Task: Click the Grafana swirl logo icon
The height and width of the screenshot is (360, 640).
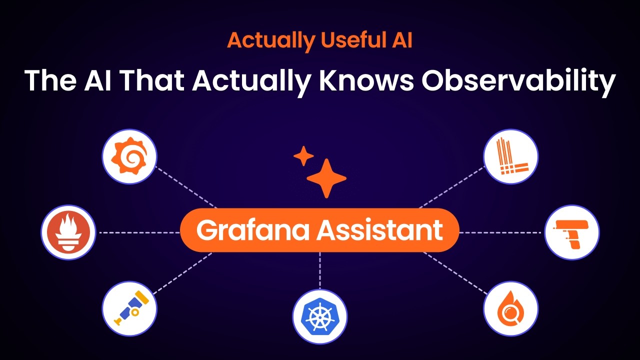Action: (x=129, y=156)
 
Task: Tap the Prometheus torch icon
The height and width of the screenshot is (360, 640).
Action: (x=68, y=232)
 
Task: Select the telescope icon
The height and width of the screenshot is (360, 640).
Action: (x=129, y=308)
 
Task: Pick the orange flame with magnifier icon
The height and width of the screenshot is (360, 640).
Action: (x=511, y=308)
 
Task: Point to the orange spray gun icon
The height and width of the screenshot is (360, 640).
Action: (x=571, y=232)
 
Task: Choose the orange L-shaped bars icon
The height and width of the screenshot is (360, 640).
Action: (x=511, y=156)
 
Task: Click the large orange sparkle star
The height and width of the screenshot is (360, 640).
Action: (x=326, y=178)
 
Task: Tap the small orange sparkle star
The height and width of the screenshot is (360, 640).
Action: (x=303, y=156)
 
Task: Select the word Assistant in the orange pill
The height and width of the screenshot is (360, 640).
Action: (x=380, y=230)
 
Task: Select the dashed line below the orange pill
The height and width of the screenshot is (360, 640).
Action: (x=320, y=270)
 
